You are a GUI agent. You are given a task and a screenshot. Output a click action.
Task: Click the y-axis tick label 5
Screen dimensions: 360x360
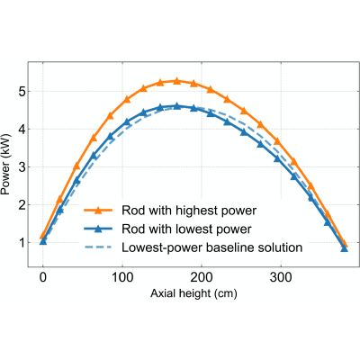22,92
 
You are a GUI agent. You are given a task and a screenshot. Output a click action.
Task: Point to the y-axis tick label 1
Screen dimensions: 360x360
22,242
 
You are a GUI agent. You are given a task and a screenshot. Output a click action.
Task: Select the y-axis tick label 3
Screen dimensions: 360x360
22,167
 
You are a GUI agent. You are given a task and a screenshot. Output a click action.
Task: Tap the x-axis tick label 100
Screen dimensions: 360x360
122,277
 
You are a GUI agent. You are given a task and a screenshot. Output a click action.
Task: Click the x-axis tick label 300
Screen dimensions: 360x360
281,277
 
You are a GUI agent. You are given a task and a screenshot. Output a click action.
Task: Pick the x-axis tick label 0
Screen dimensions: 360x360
43,277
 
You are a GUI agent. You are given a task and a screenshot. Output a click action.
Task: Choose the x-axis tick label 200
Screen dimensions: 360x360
202,277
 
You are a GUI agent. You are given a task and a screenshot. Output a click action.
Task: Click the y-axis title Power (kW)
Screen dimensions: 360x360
5,165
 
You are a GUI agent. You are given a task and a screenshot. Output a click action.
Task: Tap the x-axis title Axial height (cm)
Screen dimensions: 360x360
193,293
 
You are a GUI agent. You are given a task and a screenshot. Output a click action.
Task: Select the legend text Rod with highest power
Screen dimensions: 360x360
189,211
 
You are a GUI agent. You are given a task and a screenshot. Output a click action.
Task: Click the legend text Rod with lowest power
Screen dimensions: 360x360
186,229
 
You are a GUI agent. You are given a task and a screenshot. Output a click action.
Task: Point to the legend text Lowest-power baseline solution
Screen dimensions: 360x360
211,247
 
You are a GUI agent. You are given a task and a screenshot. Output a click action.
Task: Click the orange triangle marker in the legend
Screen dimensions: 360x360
98,211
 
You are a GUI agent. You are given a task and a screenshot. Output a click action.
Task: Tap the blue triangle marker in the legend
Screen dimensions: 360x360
98,229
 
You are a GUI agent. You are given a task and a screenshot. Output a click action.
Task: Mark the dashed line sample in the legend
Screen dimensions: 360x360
98,247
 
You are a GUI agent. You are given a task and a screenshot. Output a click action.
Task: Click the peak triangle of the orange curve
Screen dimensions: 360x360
176,81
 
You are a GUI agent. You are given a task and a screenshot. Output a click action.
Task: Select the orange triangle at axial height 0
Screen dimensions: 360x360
43,236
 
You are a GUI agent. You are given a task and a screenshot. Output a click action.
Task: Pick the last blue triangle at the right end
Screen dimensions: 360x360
345,248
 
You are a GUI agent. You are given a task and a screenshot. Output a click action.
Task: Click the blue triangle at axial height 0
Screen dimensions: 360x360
43,241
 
